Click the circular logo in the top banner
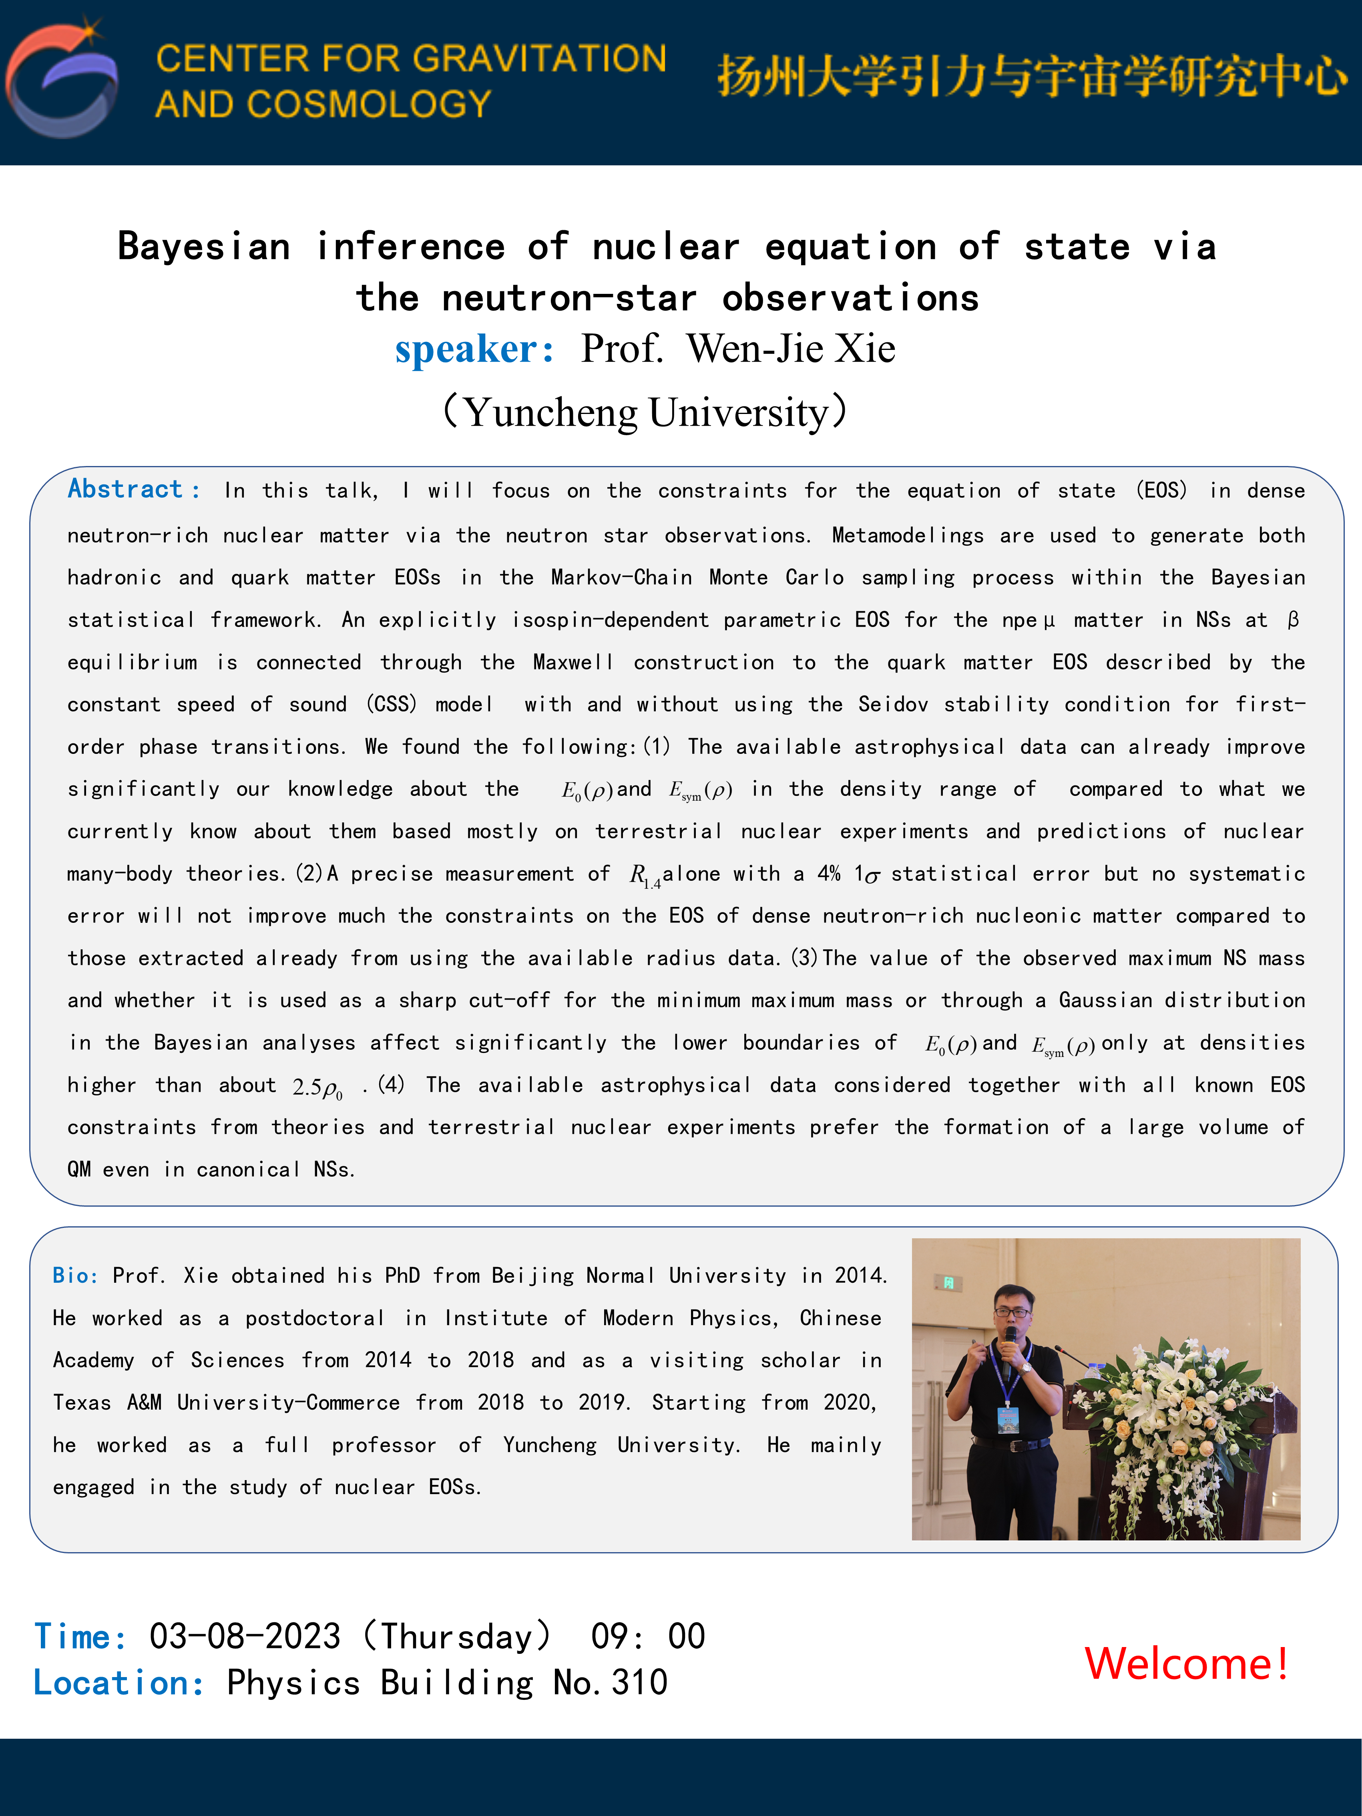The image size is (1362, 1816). click(x=62, y=80)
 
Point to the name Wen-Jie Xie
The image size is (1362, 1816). click(x=791, y=349)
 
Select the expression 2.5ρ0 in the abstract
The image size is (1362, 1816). click(x=317, y=1088)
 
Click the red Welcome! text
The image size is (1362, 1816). click(x=1185, y=1664)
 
